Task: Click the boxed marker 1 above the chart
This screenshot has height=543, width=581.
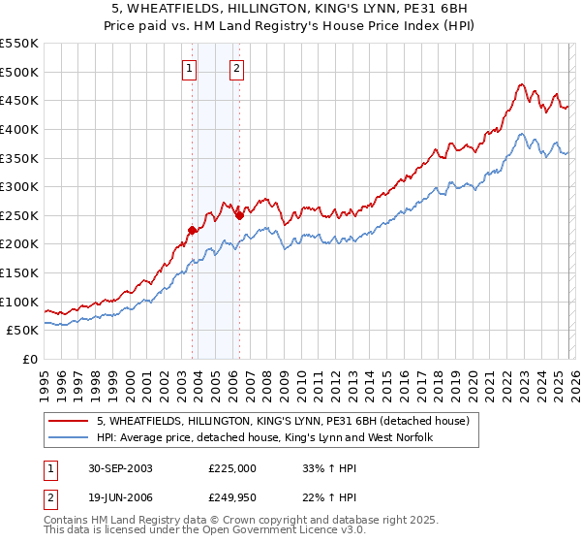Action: tap(188, 69)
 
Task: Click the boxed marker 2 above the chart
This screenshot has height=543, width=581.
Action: tap(235, 69)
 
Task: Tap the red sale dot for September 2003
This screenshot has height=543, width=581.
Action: tap(193, 230)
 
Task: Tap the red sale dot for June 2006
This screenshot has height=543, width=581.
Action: tap(239, 215)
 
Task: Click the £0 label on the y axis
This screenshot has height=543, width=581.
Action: tap(30, 360)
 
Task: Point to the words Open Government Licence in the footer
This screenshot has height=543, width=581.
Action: tap(244, 531)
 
